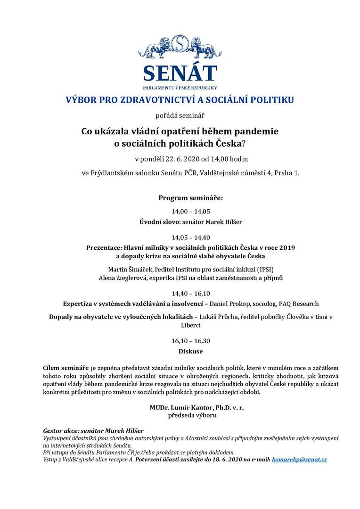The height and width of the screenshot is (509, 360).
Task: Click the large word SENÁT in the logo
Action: click(180, 73)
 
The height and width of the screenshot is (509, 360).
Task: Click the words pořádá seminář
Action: click(180, 115)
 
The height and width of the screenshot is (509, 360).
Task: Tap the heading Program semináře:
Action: click(191, 197)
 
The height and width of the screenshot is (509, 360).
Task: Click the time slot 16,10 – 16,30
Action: click(191, 341)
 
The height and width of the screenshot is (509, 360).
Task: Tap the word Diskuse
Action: click(191, 351)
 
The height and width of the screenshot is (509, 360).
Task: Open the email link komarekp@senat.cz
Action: click(299, 459)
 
